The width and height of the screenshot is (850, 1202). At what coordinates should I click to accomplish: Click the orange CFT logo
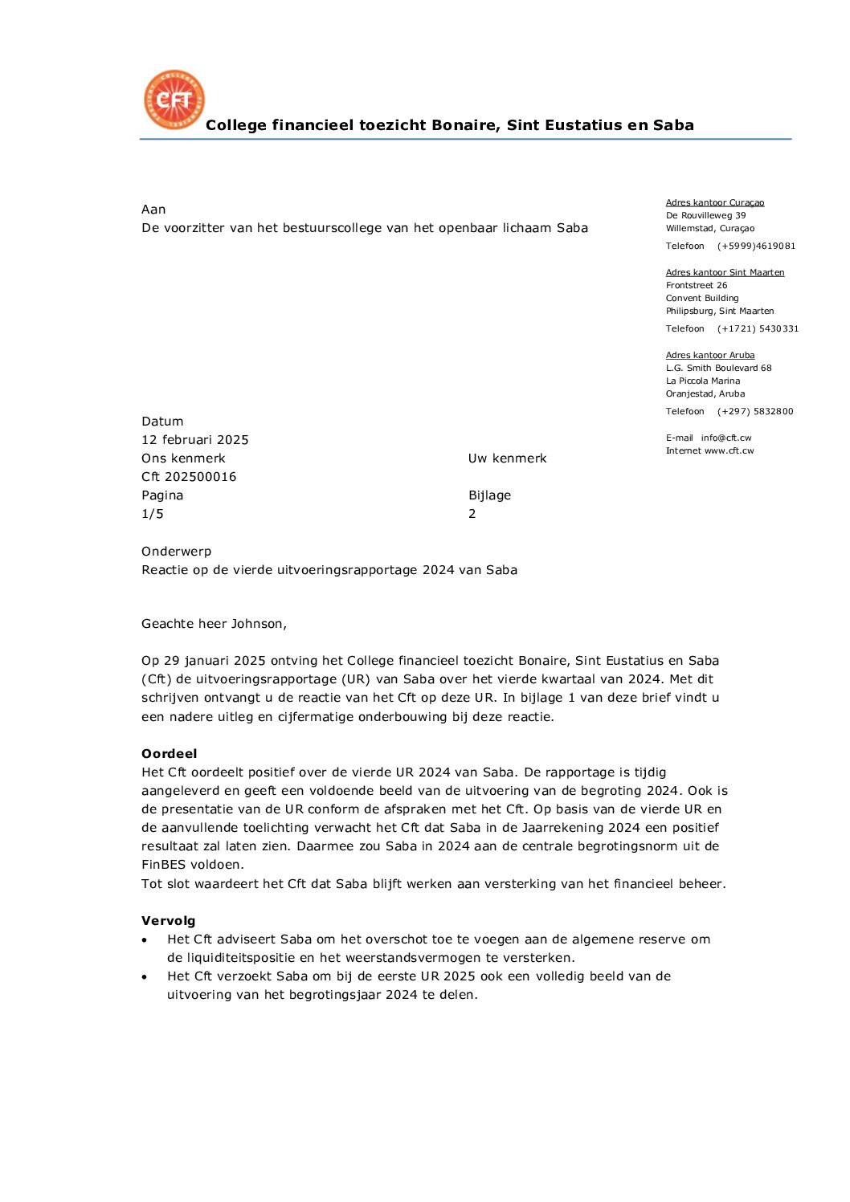(x=174, y=100)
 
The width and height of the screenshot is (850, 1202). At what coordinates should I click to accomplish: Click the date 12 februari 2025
(x=195, y=440)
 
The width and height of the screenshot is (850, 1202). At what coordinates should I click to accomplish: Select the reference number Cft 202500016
(x=189, y=477)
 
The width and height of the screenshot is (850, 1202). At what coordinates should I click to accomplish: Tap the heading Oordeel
(x=169, y=754)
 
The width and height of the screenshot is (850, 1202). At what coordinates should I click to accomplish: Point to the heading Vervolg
(x=169, y=921)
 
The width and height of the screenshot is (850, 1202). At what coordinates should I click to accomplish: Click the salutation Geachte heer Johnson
(x=214, y=624)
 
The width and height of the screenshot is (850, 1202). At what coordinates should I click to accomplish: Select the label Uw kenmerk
(x=507, y=458)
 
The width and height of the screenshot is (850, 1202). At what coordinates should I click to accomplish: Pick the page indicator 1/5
(x=153, y=514)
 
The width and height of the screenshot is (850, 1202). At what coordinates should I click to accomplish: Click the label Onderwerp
(x=177, y=552)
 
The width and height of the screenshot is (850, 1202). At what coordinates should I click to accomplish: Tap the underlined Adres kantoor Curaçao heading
(x=715, y=203)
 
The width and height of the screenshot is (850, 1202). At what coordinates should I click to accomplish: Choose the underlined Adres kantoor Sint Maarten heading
(x=725, y=273)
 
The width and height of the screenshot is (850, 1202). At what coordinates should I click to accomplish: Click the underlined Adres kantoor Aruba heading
(x=710, y=356)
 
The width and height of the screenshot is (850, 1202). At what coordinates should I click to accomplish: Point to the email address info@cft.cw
(x=726, y=438)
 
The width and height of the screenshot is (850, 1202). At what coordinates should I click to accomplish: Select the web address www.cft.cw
(x=729, y=451)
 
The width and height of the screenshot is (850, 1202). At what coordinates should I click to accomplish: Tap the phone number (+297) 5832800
(x=755, y=412)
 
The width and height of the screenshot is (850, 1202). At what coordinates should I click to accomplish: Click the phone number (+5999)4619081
(x=756, y=247)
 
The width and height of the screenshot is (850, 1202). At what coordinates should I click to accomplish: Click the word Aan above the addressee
(x=153, y=210)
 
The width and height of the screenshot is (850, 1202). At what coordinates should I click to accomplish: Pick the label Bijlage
(x=490, y=495)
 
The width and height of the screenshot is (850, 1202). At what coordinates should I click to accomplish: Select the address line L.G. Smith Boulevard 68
(x=718, y=369)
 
